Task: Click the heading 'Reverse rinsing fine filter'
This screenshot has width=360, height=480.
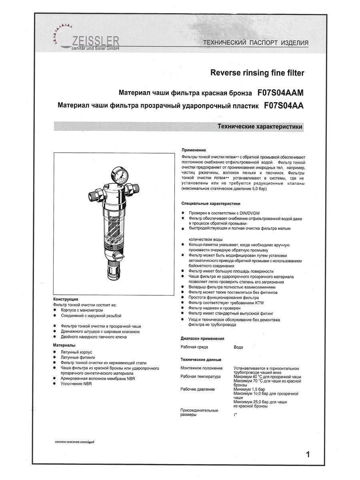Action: click(x=257, y=73)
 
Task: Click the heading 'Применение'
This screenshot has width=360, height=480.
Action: click(x=194, y=150)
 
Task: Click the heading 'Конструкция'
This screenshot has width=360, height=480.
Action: click(x=65, y=299)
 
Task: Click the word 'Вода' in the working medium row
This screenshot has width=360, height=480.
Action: click(x=238, y=347)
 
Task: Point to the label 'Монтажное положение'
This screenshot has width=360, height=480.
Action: click(x=201, y=368)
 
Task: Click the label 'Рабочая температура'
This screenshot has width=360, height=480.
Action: click(x=200, y=377)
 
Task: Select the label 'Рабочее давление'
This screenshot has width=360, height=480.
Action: click(x=198, y=389)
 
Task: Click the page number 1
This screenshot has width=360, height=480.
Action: click(x=308, y=454)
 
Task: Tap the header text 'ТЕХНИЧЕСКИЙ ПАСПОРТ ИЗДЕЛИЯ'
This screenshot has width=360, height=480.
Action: click(x=256, y=43)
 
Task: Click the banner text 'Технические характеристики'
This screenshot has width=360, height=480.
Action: click(x=260, y=126)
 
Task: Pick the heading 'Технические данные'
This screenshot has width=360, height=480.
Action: click(x=198, y=359)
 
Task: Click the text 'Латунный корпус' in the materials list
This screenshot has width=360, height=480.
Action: click(x=77, y=352)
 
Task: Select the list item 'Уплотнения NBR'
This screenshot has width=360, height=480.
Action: click(x=76, y=383)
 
